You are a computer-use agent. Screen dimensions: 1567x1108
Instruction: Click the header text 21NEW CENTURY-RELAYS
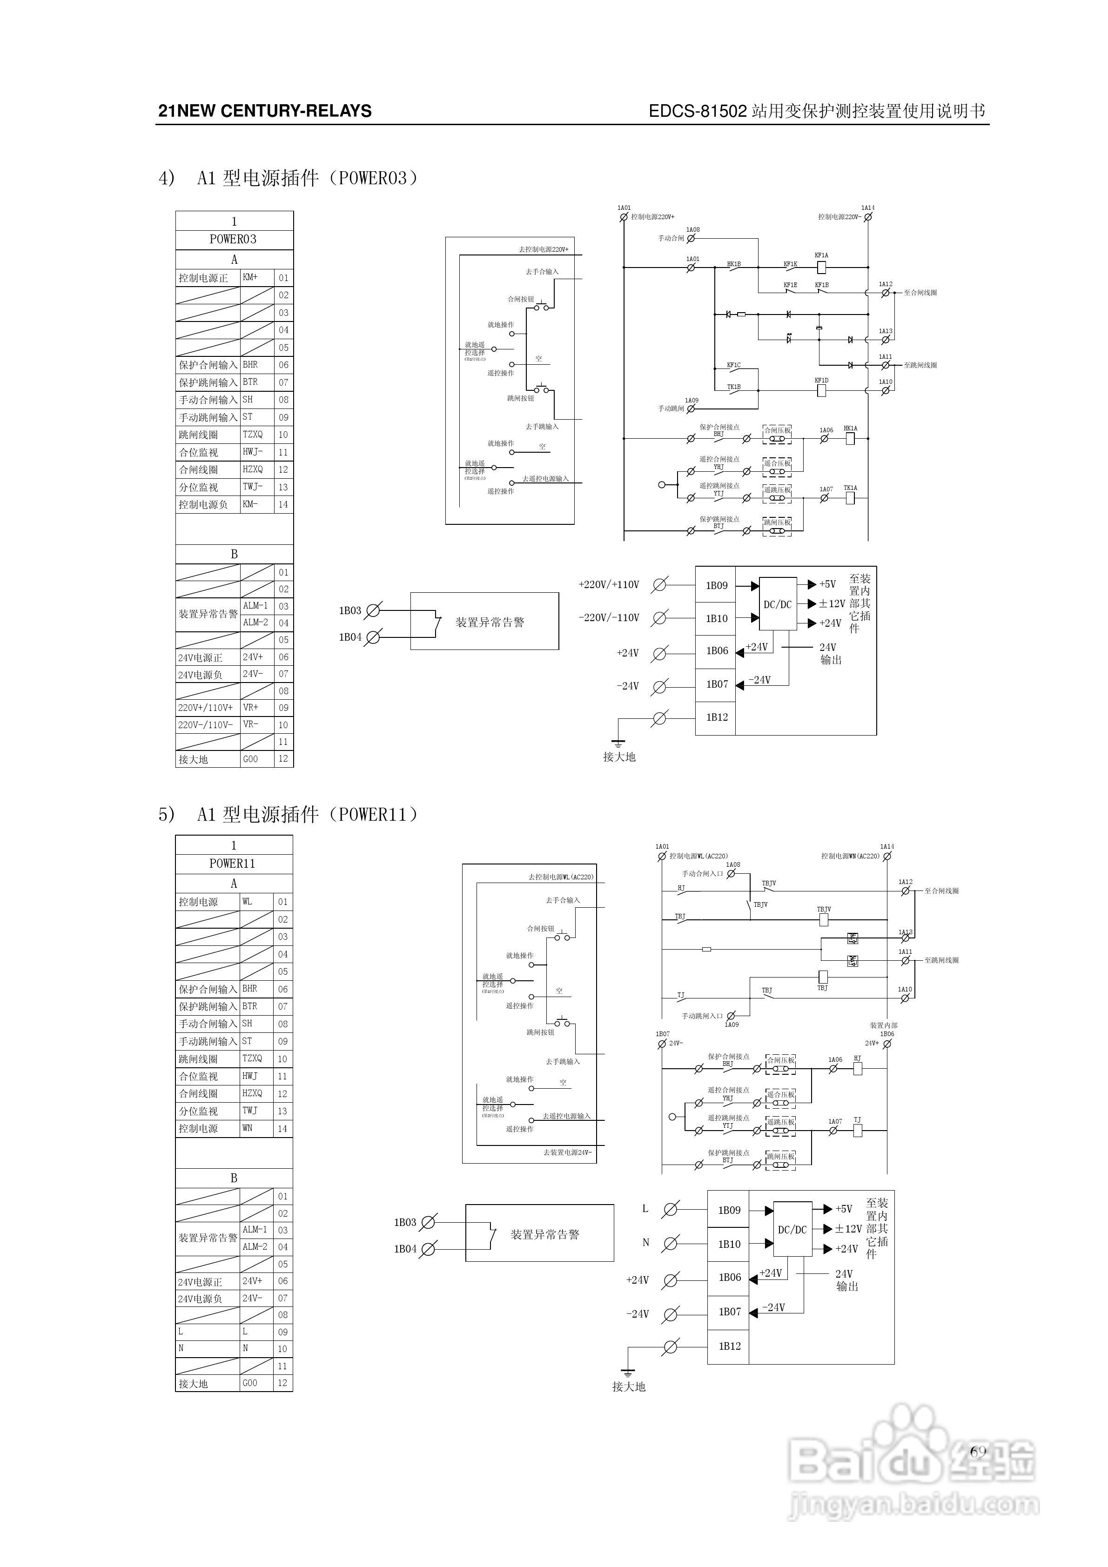(265, 111)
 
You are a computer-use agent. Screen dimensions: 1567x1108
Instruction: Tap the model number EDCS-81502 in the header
(698, 111)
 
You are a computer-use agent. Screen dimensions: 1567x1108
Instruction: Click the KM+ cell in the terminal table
(250, 277)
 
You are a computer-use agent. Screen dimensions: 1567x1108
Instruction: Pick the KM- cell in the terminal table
(250, 504)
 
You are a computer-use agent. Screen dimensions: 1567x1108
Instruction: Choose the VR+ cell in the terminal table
(250, 707)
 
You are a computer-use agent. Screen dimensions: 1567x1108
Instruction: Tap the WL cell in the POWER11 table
(247, 902)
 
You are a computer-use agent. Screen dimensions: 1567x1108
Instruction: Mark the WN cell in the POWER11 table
(247, 1128)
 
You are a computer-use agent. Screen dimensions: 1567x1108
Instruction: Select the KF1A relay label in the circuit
(821, 255)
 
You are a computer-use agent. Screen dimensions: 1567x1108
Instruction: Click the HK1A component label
(850, 429)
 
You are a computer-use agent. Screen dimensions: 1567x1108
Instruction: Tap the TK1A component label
(850, 488)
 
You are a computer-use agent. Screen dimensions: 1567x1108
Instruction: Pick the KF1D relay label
(821, 380)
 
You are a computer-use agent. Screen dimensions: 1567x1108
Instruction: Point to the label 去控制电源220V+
(544, 250)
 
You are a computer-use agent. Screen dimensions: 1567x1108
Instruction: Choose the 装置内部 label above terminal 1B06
(883, 1025)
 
